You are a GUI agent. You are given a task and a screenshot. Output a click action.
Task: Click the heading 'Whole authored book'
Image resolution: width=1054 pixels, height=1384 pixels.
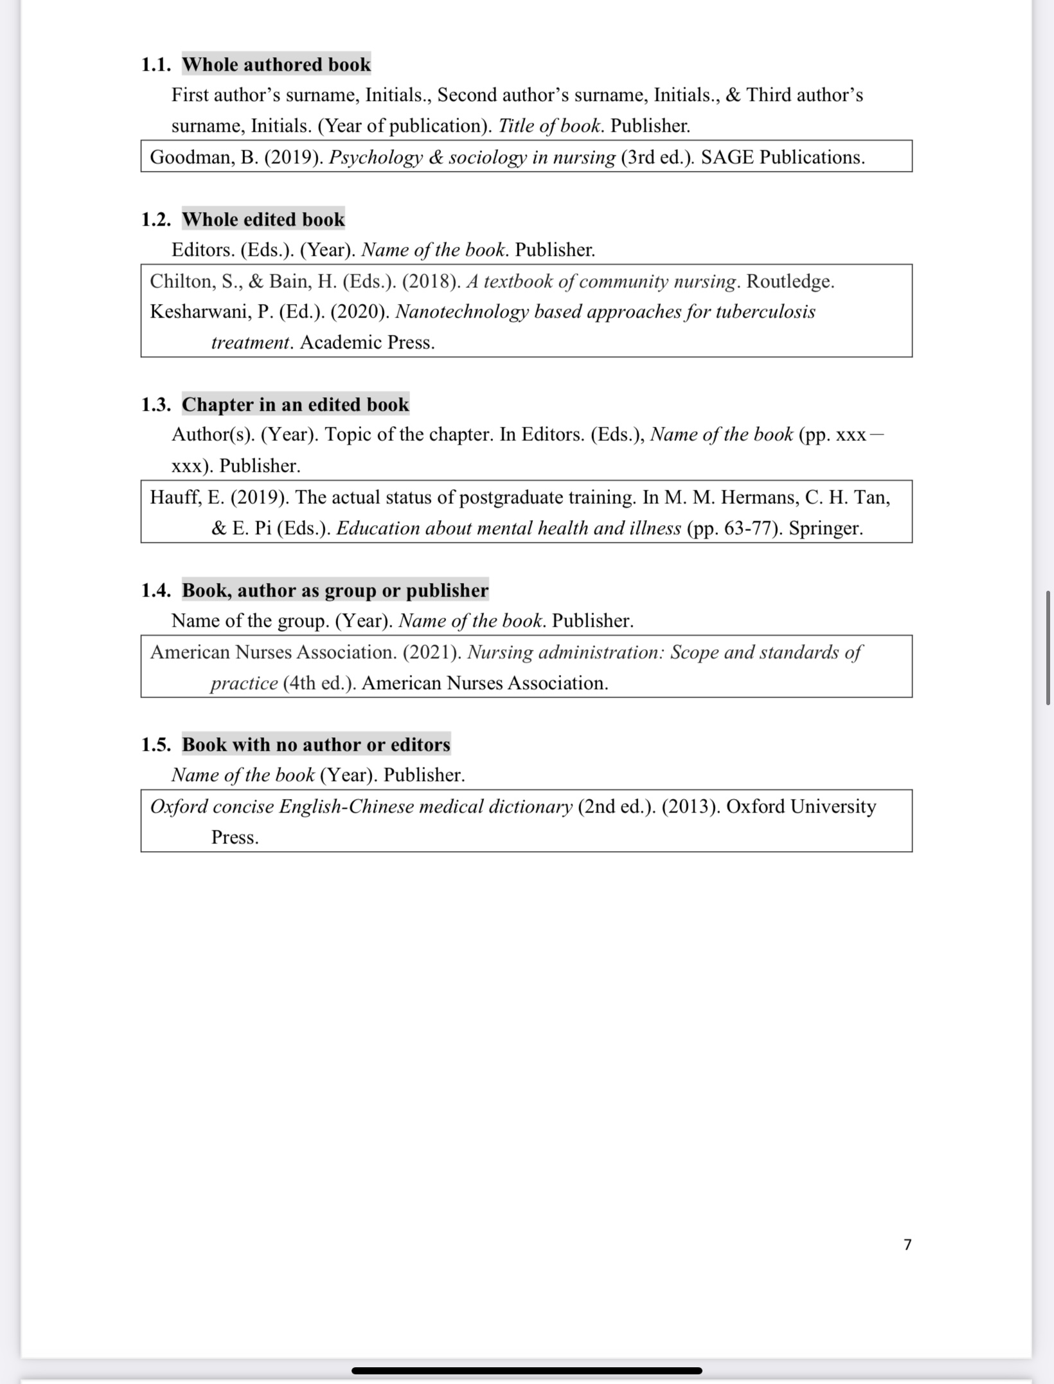pyautogui.click(x=276, y=64)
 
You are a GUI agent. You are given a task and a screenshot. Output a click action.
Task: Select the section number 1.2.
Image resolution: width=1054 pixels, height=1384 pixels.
pyautogui.click(x=156, y=219)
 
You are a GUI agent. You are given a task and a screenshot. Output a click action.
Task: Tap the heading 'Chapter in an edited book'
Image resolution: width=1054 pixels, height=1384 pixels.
pyautogui.click(x=295, y=404)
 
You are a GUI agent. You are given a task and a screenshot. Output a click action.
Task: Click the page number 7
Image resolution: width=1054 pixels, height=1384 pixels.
pyautogui.click(x=907, y=1245)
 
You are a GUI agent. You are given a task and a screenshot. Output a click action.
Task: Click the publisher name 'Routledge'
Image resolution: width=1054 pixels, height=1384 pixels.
pyautogui.click(x=789, y=282)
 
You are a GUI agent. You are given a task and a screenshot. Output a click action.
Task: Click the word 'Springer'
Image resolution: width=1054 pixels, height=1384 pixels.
pyautogui.click(x=825, y=528)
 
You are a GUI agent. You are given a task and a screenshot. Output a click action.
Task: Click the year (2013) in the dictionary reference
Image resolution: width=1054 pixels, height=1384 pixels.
pyautogui.click(x=690, y=807)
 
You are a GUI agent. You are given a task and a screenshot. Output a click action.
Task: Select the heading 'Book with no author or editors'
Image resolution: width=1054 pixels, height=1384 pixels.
pyautogui.click(x=316, y=744)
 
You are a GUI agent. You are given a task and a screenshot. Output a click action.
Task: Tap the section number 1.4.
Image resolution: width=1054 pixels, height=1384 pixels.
pyautogui.click(x=156, y=590)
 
